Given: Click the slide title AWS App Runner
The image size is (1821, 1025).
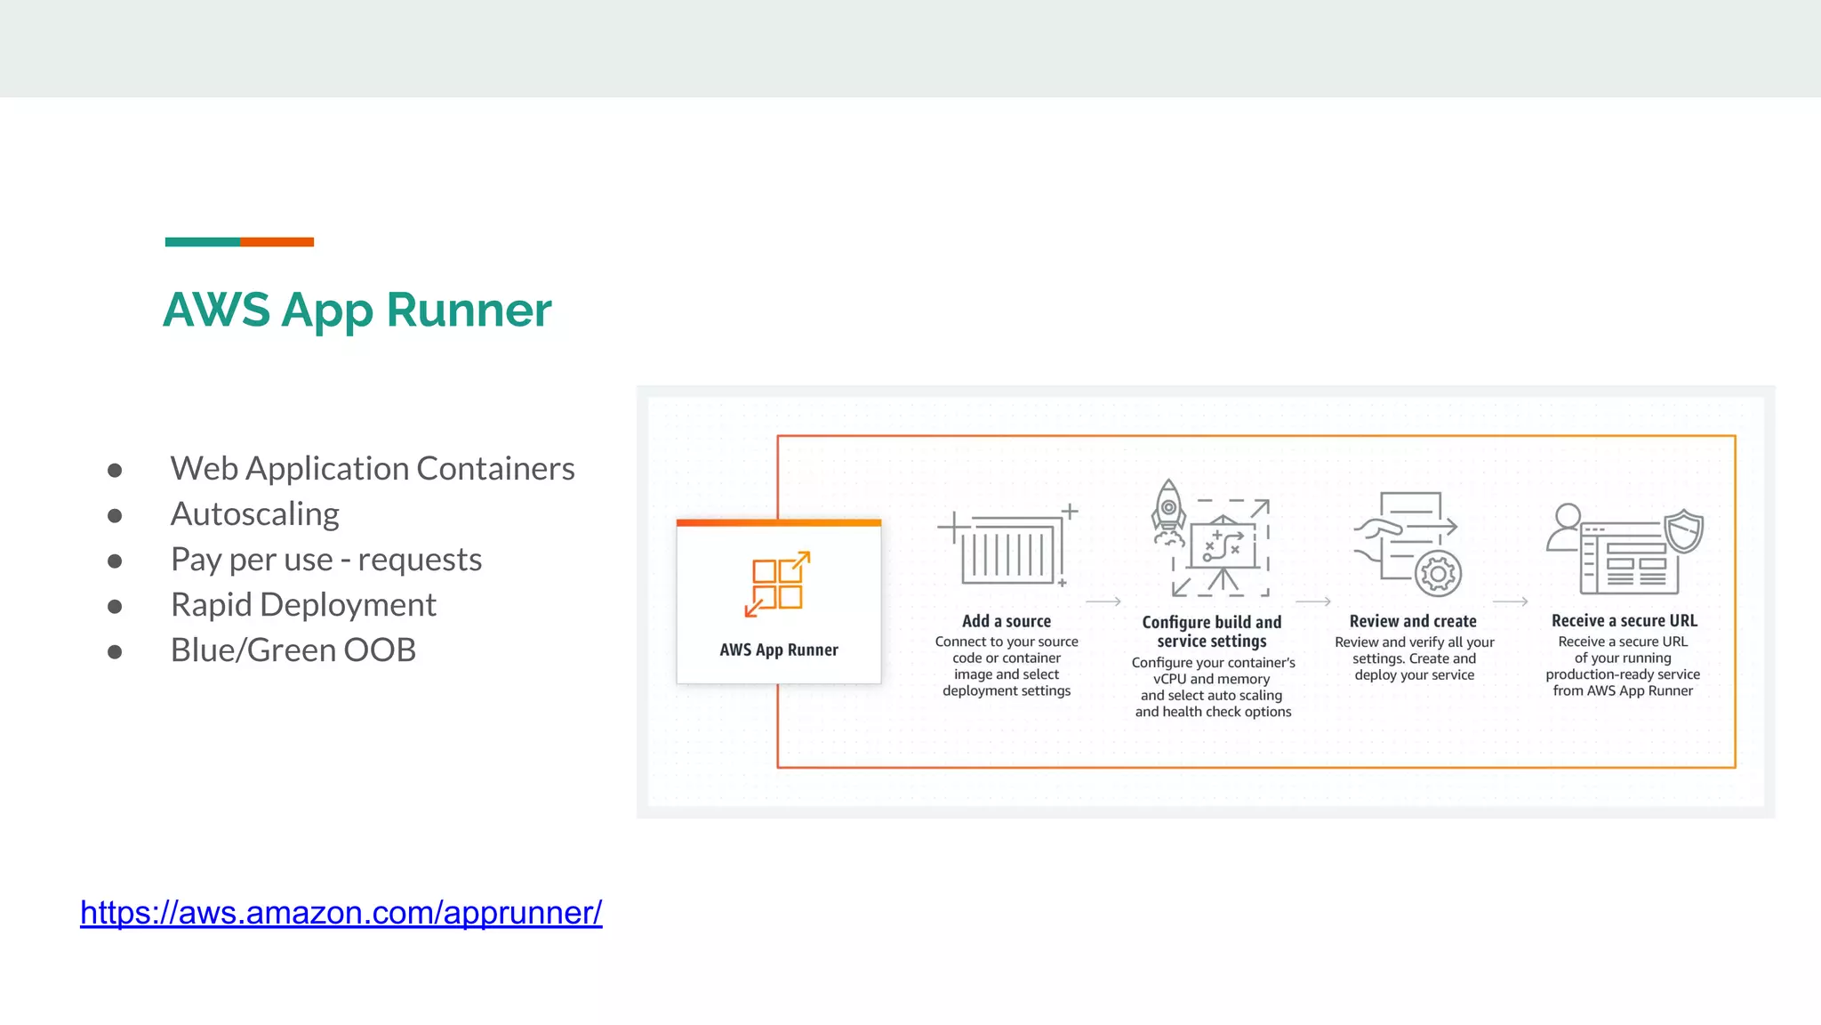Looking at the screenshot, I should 357,311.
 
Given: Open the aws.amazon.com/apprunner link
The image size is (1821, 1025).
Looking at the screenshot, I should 341,913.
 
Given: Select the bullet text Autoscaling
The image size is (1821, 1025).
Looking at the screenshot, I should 254,514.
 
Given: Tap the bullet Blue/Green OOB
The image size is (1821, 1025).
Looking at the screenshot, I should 293,650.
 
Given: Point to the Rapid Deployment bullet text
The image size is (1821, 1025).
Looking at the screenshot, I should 303,605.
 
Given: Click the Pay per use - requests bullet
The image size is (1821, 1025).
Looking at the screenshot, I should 325,560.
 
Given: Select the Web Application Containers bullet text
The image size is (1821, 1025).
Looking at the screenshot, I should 372,469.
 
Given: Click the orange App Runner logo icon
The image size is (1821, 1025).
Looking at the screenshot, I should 777,584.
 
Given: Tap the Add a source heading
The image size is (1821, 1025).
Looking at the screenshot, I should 1006,621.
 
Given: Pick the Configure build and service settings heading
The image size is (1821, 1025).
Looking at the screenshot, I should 1212,631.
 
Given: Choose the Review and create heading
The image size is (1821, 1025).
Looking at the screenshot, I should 1413,621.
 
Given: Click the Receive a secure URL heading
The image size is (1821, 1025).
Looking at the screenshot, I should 1624,621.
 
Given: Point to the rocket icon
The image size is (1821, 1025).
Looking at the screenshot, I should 1168,512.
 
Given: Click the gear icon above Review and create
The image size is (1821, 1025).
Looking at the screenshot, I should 1438,574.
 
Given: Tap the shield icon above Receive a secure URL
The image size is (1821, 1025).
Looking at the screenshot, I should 1683,531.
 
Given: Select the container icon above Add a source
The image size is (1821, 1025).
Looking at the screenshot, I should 1009,550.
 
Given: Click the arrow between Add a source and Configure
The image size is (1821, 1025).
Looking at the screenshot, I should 1103,602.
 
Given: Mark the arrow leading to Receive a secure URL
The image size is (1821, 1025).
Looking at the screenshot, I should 1510,602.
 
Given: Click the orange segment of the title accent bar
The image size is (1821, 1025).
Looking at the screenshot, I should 277,242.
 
